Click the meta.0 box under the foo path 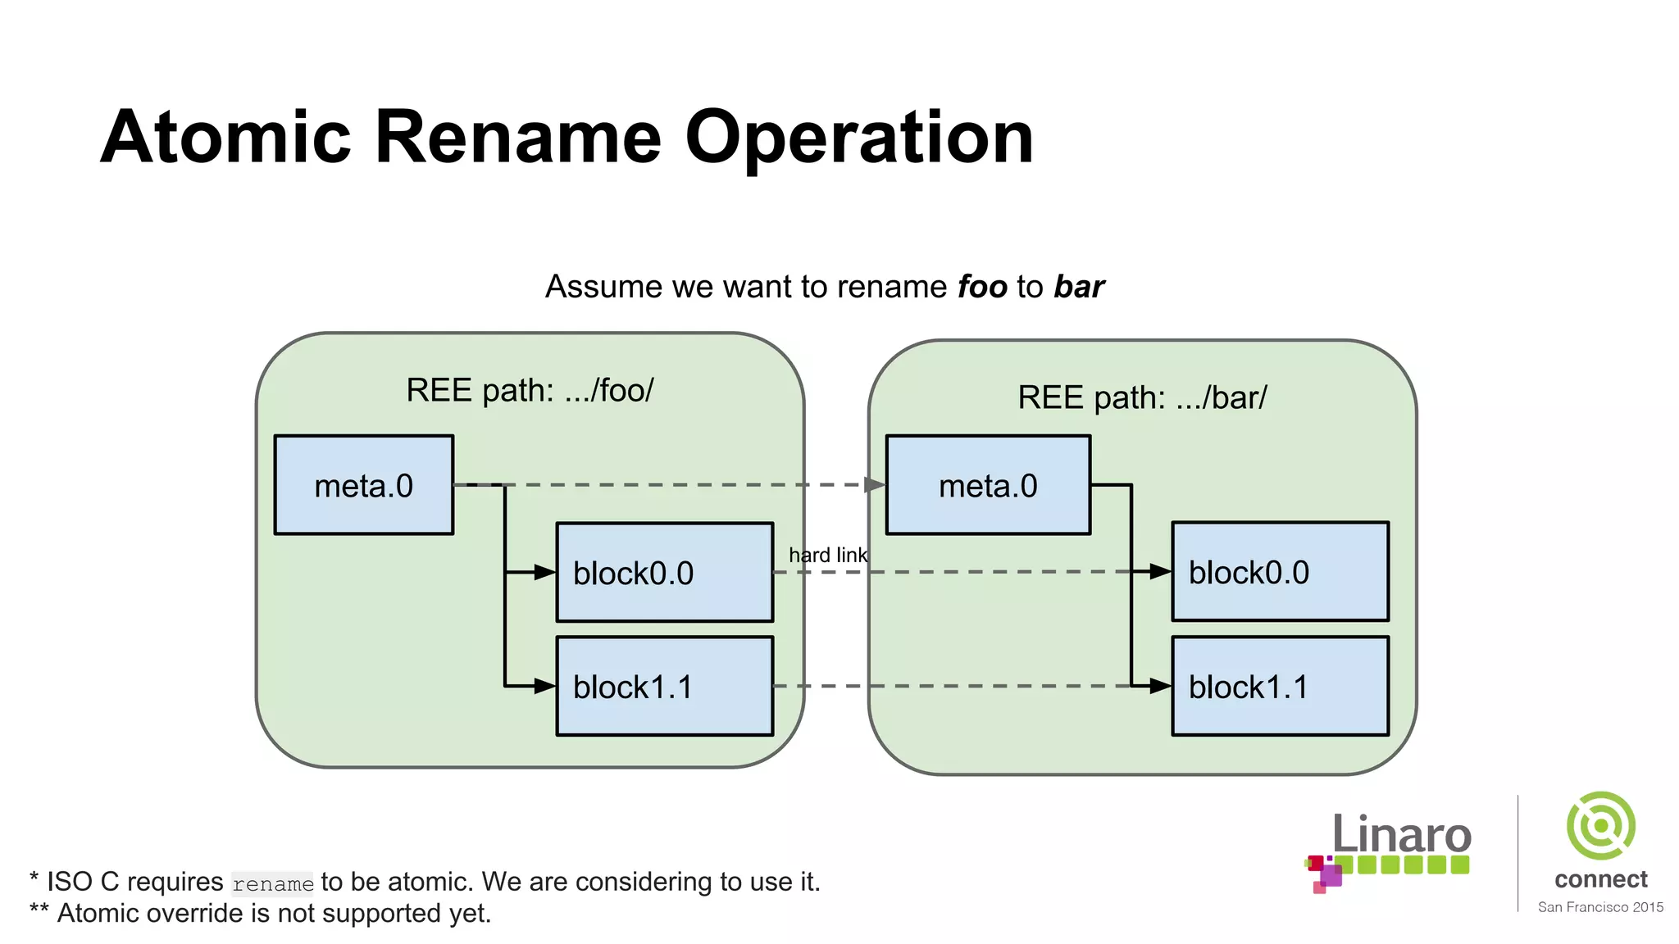coord(363,485)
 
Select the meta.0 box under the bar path coord(988,485)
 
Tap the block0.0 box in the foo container coord(664,572)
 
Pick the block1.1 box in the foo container coord(664,686)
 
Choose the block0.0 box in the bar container coord(1280,571)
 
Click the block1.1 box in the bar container coord(1280,686)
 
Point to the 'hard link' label coord(827,555)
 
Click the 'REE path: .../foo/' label coord(530,390)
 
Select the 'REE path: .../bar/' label coord(1142,397)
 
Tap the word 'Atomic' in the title coord(226,138)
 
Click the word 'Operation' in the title coord(858,138)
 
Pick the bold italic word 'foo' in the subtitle coord(982,287)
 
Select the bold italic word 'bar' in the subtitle coord(1079,287)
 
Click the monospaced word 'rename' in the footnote coord(272,884)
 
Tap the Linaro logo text coord(1401,836)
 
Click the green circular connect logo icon coord(1600,826)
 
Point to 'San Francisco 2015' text coord(1600,907)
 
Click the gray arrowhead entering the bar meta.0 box coord(875,485)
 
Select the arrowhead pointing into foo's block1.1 coord(544,686)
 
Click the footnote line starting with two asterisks coord(261,913)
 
